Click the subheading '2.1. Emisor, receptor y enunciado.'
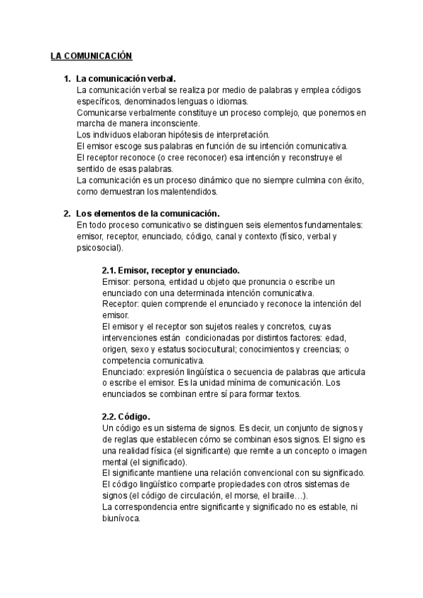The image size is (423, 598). [x=171, y=270]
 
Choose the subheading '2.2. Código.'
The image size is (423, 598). [x=126, y=416]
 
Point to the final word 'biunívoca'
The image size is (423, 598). [x=121, y=517]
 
